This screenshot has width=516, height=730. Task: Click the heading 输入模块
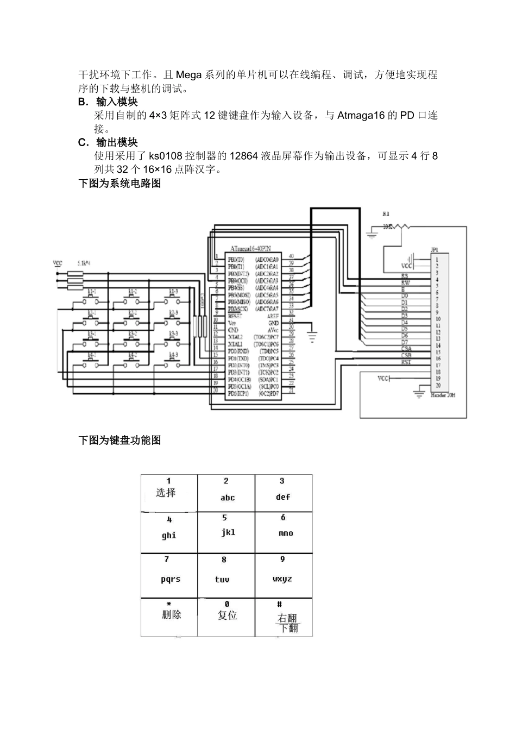[x=117, y=102]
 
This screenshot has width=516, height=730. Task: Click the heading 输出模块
[x=117, y=142]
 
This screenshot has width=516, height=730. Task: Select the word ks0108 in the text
[x=165, y=156]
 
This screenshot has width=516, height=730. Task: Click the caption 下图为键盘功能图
[x=120, y=440]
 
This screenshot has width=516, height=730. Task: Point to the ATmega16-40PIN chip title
[x=253, y=247]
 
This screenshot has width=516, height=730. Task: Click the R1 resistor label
[x=386, y=214]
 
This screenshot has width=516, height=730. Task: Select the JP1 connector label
[x=435, y=250]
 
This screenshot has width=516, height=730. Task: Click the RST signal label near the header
[x=406, y=362]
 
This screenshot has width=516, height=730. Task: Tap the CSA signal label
[x=406, y=349]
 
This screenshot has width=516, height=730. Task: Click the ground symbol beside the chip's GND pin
[x=312, y=336]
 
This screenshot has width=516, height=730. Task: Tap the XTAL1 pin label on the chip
[x=236, y=344]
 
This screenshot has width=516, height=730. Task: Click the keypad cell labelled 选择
[x=169, y=493]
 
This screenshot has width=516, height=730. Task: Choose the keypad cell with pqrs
[x=169, y=576]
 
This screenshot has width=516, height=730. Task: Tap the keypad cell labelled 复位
[x=226, y=617]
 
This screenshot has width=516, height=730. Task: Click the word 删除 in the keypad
[x=172, y=615]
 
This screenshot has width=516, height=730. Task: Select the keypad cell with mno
[x=284, y=533]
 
